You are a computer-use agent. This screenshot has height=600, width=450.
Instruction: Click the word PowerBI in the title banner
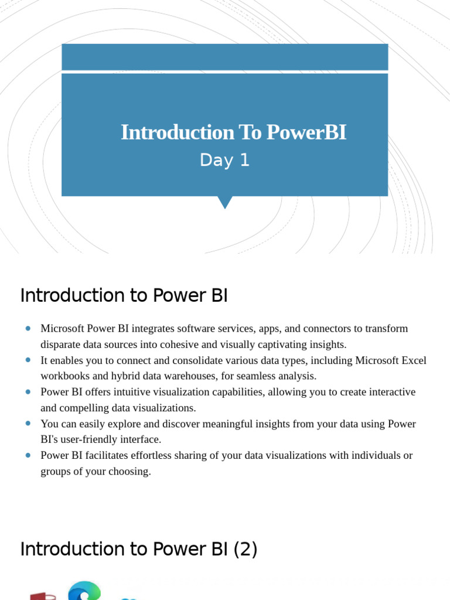[306, 132]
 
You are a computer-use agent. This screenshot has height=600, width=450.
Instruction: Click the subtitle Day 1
[224, 160]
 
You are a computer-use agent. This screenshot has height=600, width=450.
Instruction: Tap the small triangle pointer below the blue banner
[224, 202]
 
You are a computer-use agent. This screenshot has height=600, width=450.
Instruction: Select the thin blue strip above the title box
[224, 57]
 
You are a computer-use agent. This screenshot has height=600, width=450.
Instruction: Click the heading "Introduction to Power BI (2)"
[139, 549]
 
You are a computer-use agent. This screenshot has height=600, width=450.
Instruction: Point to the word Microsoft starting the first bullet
[63, 328]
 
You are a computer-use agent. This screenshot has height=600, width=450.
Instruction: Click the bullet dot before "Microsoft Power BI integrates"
[28, 328]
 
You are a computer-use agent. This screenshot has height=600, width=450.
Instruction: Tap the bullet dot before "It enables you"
[28, 360]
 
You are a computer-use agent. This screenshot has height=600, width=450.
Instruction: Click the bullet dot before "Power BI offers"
[28, 391]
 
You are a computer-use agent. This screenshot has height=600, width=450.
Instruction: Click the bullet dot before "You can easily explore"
[28, 423]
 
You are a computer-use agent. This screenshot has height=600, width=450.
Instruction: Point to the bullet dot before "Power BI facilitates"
[28, 455]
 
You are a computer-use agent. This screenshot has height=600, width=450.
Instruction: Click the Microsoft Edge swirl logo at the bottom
[84, 591]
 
